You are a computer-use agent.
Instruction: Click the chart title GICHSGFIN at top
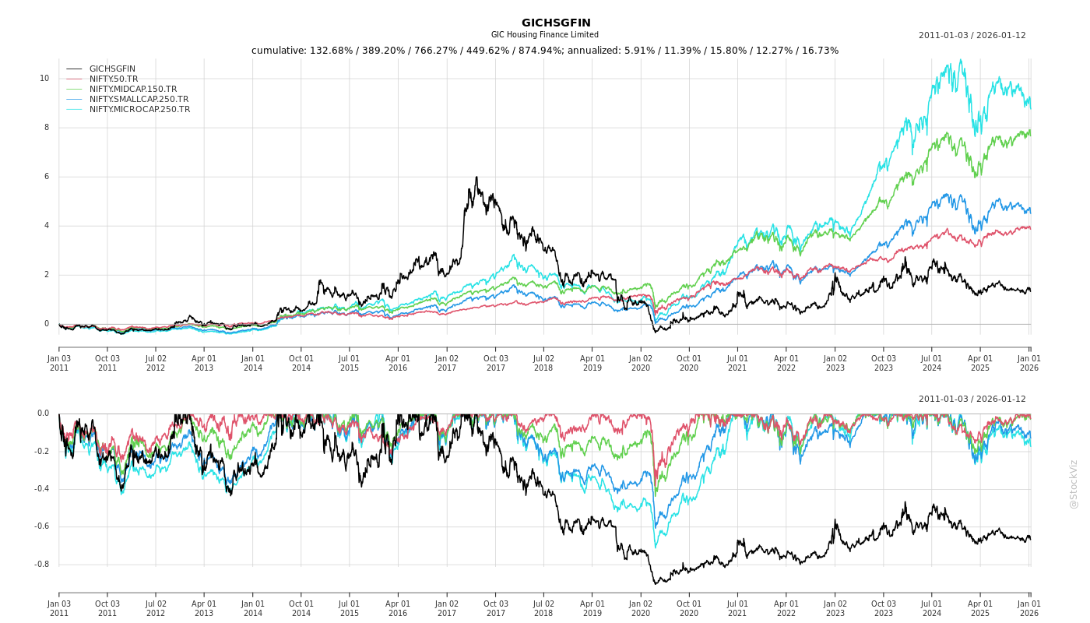[x=556, y=23]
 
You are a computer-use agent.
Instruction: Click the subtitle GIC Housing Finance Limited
[x=544, y=35]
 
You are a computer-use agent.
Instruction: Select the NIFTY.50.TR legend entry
[x=114, y=79]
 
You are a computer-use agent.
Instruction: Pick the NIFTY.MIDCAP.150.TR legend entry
[x=132, y=89]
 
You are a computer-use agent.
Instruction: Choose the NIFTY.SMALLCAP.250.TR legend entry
[x=139, y=99]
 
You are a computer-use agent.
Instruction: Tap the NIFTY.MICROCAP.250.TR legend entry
[x=139, y=109]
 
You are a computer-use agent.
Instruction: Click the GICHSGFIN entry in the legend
[x=112, y=69]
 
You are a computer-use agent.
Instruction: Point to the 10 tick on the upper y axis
[x=44, y=78]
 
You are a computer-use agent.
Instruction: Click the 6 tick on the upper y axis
[x=46, y=177]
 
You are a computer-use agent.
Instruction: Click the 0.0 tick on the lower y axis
[x=43, y=414]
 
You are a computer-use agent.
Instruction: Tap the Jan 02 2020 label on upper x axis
[x=641, y=363]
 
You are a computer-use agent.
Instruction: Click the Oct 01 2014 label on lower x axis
[x=301, y=608]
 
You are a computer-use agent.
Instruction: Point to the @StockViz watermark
[x=1074, y=484]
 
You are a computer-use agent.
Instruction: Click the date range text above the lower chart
[x=972, y=399]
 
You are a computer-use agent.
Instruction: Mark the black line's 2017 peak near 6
[x=476, y=178]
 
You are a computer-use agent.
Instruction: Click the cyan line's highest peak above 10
[x=961, y=60]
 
